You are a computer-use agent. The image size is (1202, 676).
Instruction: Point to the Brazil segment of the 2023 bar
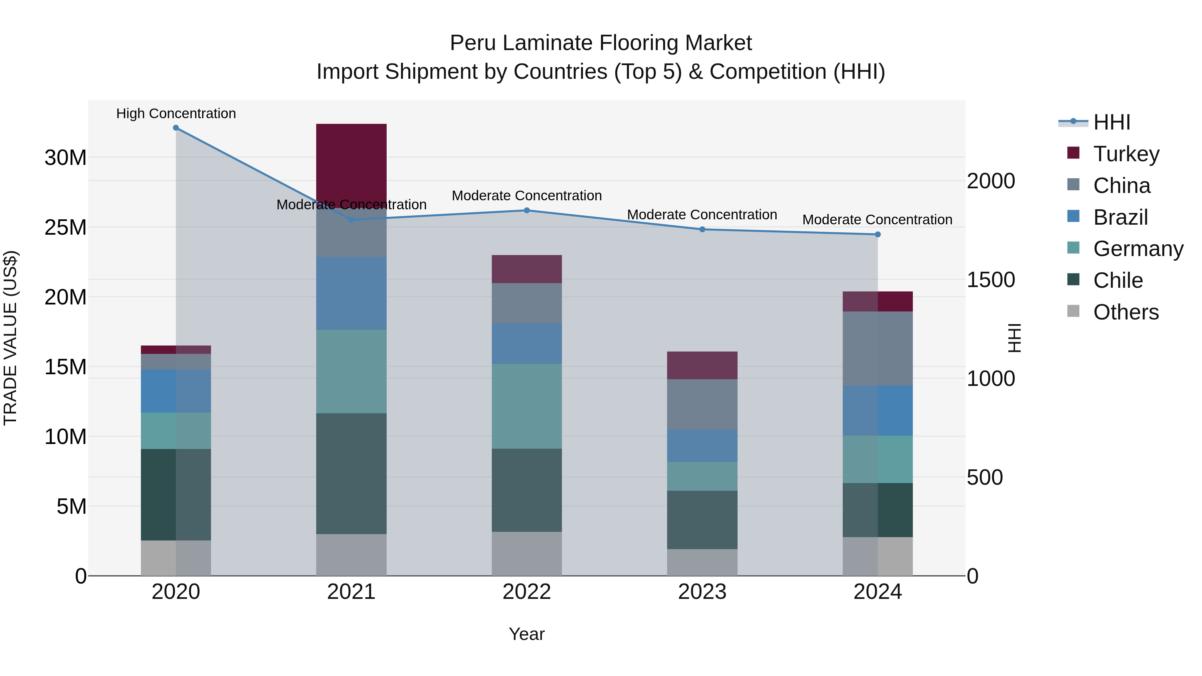702,446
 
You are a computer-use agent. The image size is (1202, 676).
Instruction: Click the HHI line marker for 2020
176,128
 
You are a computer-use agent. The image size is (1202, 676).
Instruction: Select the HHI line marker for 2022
527,210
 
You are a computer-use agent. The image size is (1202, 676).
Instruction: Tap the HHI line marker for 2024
878,234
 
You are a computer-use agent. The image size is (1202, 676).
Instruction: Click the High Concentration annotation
176,114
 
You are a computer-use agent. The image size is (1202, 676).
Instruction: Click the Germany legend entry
1138,249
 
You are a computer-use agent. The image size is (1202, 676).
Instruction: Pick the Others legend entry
1126,312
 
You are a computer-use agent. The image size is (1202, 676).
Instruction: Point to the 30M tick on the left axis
65,158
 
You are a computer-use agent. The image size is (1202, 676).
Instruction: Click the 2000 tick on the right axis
991,181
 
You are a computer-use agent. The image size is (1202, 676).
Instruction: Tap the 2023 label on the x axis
702,592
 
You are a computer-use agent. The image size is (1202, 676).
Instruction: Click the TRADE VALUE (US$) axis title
10,338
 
